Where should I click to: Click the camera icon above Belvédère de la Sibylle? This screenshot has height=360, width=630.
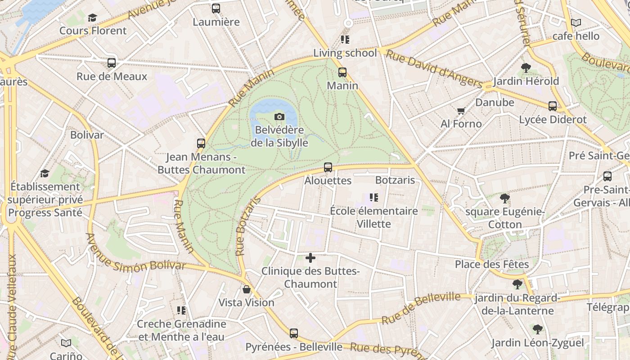[279, 117]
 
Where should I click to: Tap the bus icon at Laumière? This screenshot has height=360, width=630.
[216, 9]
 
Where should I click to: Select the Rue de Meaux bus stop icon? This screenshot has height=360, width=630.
[112, 63]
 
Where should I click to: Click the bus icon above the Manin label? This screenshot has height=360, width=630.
[342, 72]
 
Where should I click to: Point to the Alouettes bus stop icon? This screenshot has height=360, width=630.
[328, 167]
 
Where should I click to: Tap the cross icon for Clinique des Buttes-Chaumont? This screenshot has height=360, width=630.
[310, 258]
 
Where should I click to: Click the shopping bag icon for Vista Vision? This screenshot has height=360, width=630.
[246, 289]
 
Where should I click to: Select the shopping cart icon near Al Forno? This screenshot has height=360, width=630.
[461, 111]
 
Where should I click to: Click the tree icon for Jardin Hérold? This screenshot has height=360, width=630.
[526, 68]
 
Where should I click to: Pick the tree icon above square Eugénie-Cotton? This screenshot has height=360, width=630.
[505, 198]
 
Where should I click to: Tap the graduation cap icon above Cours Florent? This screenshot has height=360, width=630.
[92, 18]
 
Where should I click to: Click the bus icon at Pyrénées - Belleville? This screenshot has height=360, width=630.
[294, 333]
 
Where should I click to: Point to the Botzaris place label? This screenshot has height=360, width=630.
[395, 180]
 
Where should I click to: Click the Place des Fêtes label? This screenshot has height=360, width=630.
[491, 264]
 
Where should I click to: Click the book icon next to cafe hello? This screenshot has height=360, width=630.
[576, 22]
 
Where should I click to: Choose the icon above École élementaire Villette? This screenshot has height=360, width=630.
[373, 198]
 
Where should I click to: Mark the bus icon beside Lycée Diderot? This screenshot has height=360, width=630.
[553, 106]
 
